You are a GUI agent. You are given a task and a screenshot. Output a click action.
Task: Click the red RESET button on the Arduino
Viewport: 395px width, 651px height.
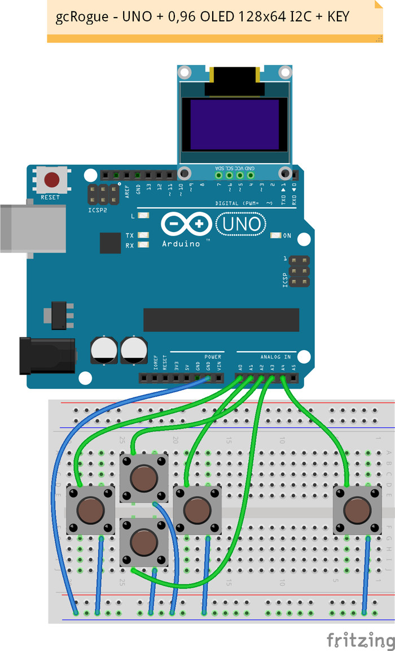[x=52, y=180]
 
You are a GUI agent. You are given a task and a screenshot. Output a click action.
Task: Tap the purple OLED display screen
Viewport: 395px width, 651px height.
[x=234, y=124]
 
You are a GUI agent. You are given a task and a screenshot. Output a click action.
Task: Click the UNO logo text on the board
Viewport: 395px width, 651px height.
[x=241, y=225]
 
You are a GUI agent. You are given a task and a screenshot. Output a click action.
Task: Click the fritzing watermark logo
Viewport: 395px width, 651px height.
[x=361, y=639]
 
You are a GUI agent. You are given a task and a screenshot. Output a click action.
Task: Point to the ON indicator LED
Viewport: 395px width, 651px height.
[x=276, y=235]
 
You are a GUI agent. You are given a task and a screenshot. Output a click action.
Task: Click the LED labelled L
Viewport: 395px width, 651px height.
[x=143, y=216]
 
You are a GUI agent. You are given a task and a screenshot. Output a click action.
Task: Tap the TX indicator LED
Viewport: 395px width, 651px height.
[x=143, y=235]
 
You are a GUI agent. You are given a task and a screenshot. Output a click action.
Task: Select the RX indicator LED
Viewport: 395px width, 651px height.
[x=143, y=245]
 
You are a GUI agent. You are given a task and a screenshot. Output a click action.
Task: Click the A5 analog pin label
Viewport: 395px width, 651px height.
[x=293, y=368]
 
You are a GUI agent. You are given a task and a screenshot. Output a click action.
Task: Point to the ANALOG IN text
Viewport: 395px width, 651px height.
[x=275, y=357]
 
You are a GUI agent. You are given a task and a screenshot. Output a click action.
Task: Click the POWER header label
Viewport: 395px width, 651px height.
[x=213, y=357]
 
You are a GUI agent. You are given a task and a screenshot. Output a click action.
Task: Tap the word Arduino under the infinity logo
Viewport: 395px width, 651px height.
[x=181, y=243]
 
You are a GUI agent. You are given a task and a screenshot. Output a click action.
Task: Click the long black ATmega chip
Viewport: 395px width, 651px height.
[x=221, y=320]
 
